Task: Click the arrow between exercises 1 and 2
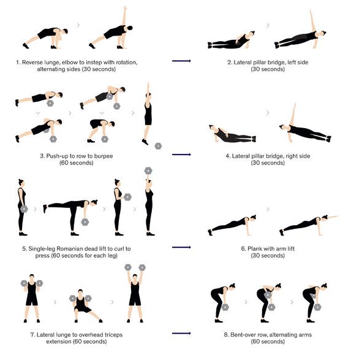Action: click(x=181, y=61)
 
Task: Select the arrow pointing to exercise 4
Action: click(x=181, y=155)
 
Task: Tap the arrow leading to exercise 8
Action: click(x=181, y=333)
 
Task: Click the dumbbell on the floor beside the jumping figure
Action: click(x=159, y=146)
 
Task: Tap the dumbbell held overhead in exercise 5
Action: click(x=148, y=170)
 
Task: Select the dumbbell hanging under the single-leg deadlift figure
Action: click(x=85, y=221)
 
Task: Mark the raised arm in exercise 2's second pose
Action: click(x=310, y=20)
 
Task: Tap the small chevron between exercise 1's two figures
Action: click(x=78, y=25)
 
